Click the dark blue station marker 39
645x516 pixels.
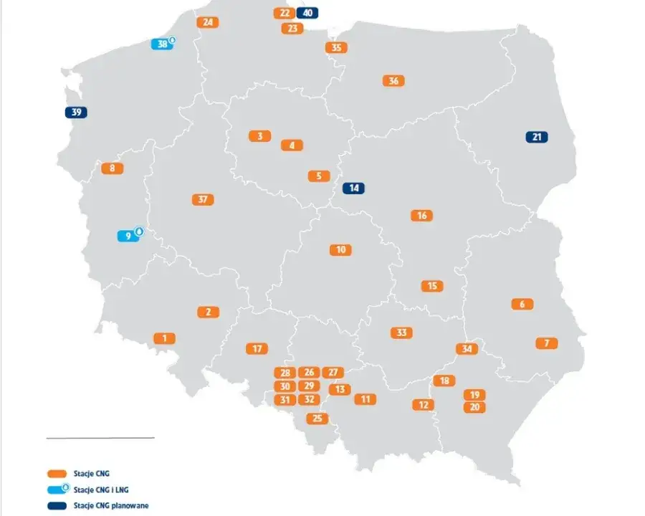pos(76,113)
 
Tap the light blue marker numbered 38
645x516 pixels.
pos(163,44)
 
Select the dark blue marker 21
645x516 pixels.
pos(536,137)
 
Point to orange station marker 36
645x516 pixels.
pos(393,81)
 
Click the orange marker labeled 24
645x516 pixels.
pos(208,22)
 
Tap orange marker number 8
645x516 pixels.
pos(112,168)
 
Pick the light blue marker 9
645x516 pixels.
pos(128,236)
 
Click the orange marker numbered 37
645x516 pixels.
pos(203,199)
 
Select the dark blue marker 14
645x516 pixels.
pos(353,188)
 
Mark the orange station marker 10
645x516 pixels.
pos(340,249)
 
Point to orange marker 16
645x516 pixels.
pos(422,215)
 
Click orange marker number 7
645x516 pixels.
pos(547,343)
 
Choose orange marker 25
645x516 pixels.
pos(317,418)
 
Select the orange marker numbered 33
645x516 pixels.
pos(401,333)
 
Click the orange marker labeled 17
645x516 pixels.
pos(257,348)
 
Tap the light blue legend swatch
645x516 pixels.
pos(57,489)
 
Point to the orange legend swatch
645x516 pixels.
pos(56,473)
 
